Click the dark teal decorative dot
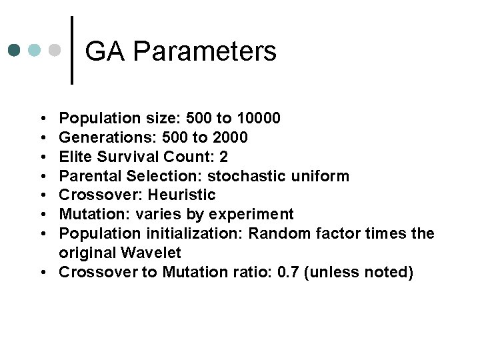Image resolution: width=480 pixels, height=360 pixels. pyautogui.click(x=13, y=50)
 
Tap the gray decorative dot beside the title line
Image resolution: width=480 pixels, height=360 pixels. pyautogui.click(x=57, y=50)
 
